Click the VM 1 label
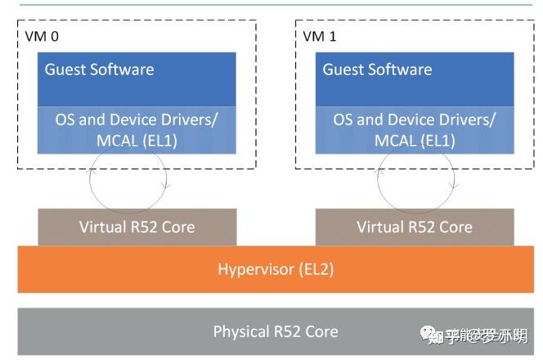pyautogui.click(x=320, y=37)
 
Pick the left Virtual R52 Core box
pyautogui.click(x=137, y=227)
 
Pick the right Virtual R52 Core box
pyautogui.click(x=415, y=227)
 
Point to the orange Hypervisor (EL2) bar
pyautogui.click(x=276, y=269)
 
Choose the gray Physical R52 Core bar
pyautogui.click(x=276, y=331)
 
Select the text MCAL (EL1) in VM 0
pyautogui.click(x=136, y=140)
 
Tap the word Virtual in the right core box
pyautogui.click(x=381, y=227)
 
